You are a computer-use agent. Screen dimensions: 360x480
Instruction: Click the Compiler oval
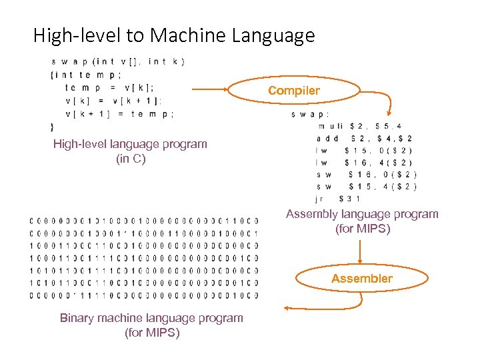coord(294,90)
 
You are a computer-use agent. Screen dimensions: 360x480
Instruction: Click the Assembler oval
coord(362,279)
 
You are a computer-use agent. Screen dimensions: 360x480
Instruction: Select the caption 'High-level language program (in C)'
coord(130,151)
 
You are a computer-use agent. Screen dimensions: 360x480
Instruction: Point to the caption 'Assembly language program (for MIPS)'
coord(362,221)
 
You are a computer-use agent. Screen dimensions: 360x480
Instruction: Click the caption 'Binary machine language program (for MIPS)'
coord(151,325)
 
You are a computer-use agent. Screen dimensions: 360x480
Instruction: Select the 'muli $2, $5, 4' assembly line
coord(360,126)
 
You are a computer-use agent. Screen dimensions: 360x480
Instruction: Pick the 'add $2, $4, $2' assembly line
coord(364,138)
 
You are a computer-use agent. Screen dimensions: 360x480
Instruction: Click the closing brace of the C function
coord(52,126)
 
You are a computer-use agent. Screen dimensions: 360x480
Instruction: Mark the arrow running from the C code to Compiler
coord(209,89)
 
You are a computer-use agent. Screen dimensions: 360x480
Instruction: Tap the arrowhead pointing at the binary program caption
coord(287,308)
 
